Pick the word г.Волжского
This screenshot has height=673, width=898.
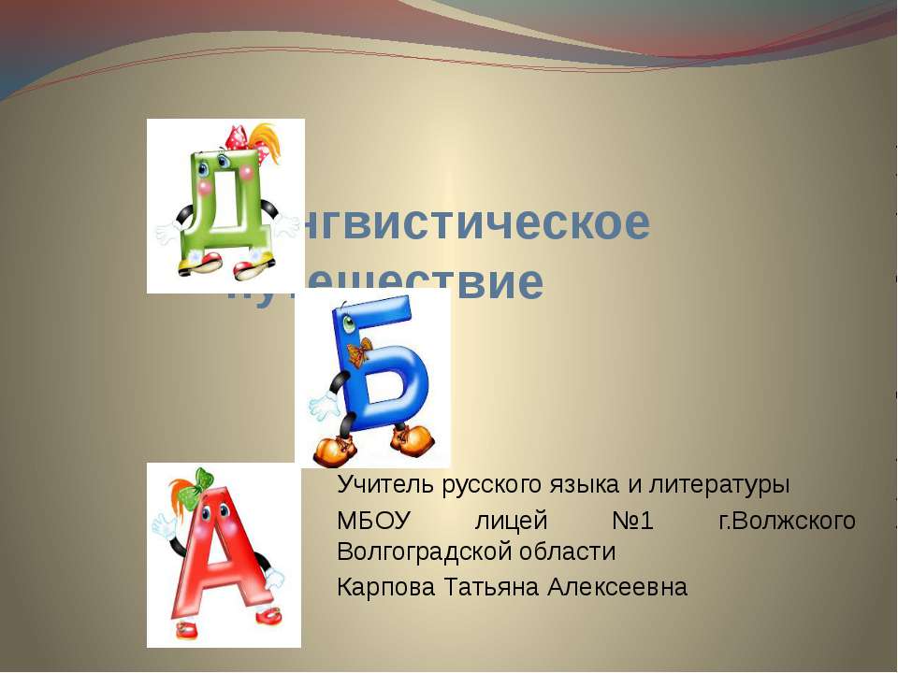click(787, 520)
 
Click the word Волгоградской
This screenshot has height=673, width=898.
click(421, 551)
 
